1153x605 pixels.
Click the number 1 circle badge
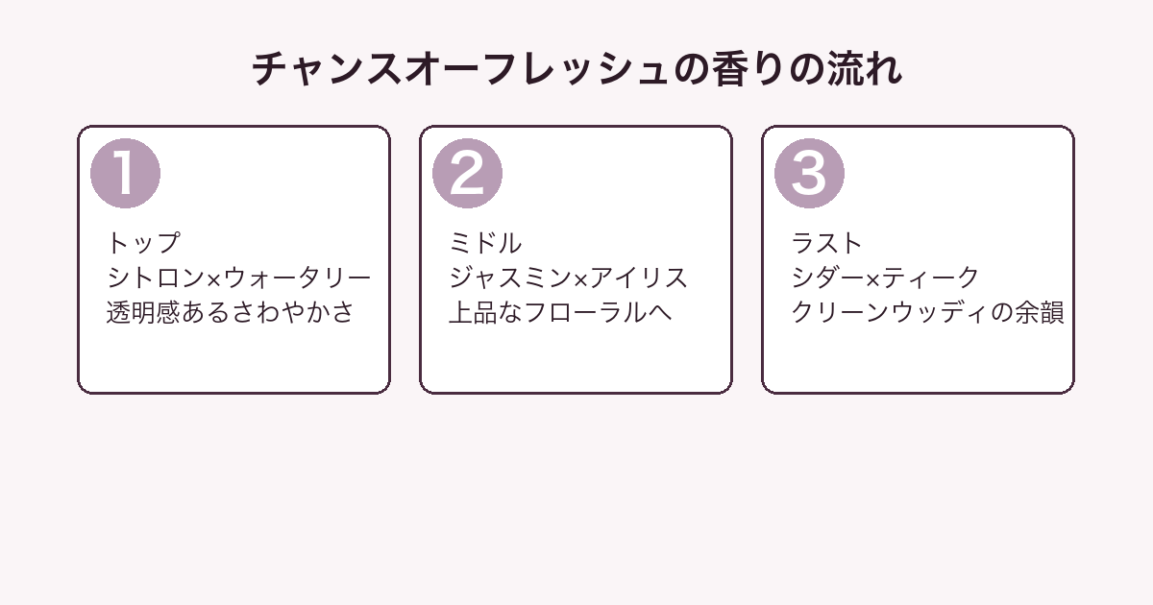pos(125,174)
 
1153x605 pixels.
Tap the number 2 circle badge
pos(467,174)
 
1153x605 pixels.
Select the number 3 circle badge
pos(809,174)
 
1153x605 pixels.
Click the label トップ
pos(143,243)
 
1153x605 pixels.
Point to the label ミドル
pos(485,243)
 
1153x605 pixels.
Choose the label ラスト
pos(826,243)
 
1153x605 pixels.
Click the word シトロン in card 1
pos(157,278)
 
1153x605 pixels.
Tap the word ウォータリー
pos(297,278)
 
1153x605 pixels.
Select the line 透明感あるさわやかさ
pos(230,312)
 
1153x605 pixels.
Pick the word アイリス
pos(638,278)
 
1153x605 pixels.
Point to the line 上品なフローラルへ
pos(560,312)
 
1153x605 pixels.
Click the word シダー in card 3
pos(827,278)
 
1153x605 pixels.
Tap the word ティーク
pos(930,278)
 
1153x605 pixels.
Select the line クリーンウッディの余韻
pos(927,312)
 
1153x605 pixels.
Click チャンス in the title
pos(327,69)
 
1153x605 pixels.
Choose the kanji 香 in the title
pos(730,69)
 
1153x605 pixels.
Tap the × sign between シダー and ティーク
pos(872,279)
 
